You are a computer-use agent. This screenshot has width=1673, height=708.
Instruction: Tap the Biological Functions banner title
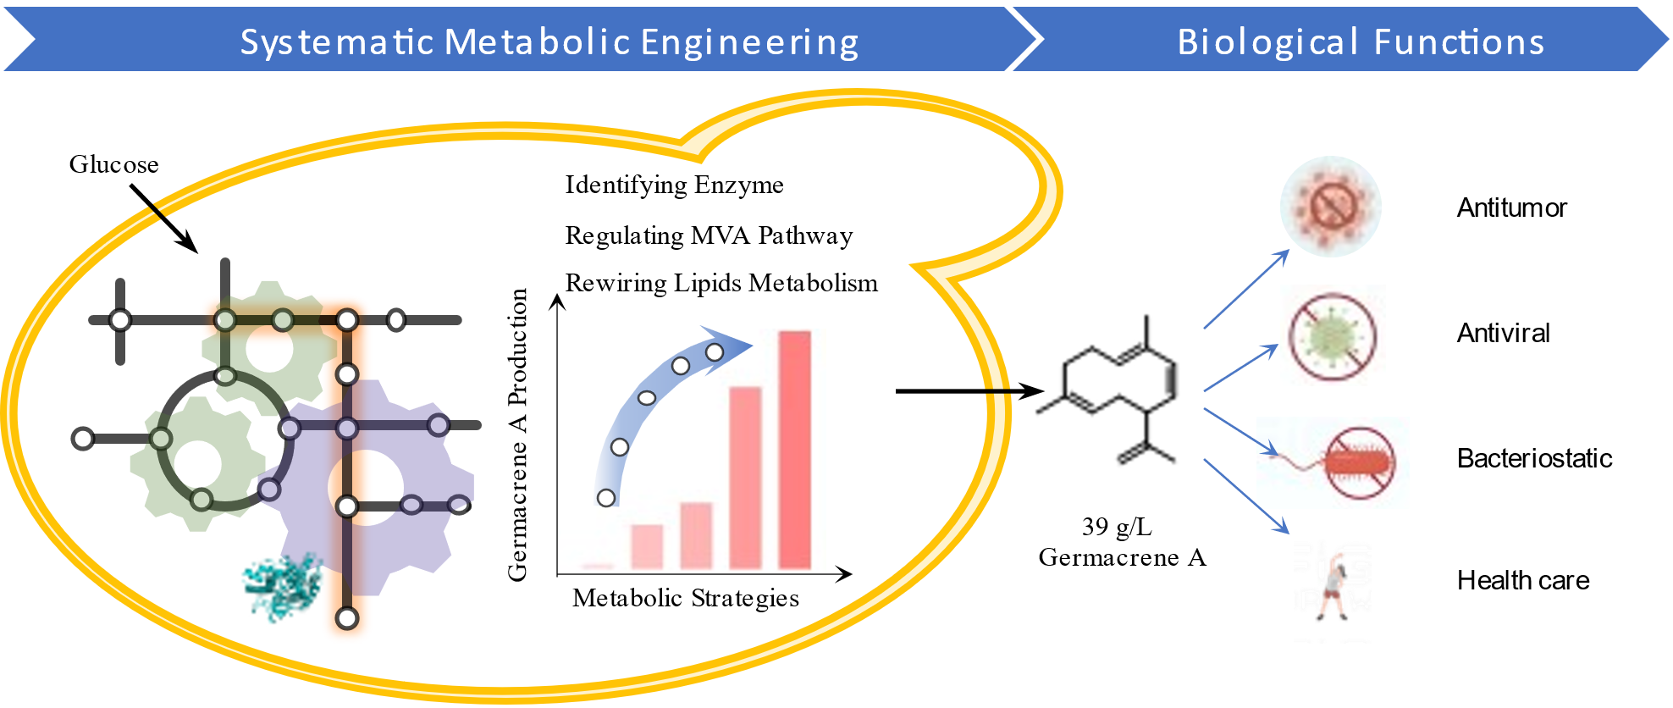click(x=1361, y=42)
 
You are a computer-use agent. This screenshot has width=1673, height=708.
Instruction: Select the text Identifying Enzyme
click(x=674, y=185)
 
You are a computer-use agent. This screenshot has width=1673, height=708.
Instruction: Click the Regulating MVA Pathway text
click(x=709, y=235)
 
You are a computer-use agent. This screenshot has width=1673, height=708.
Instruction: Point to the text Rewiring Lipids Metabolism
click(x=721, y=283)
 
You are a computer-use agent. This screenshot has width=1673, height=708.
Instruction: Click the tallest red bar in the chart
click(x=794, y=449)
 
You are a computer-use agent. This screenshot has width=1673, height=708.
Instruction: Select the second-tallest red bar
click(x=745, y=477)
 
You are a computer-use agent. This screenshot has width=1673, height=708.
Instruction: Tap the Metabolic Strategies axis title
click(x=685, y=599)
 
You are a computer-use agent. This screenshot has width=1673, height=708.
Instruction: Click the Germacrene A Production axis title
click(x=517, y=434)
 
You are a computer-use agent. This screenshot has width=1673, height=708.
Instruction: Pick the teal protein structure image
click(x=283, y=585)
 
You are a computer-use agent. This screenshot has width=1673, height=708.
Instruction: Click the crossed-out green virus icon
click(x=1332, y=335)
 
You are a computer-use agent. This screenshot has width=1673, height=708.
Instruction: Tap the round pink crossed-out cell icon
click(x=1330, y=207)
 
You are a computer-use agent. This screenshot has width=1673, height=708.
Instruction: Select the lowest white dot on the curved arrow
click(x=606, y=498)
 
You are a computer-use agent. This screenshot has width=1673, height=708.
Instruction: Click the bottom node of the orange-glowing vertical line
click(x=347, y=618)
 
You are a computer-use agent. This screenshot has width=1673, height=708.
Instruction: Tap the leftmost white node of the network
click(x=83, y=439)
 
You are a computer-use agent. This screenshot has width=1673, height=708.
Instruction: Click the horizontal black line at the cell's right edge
click(x=952, y=391)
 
